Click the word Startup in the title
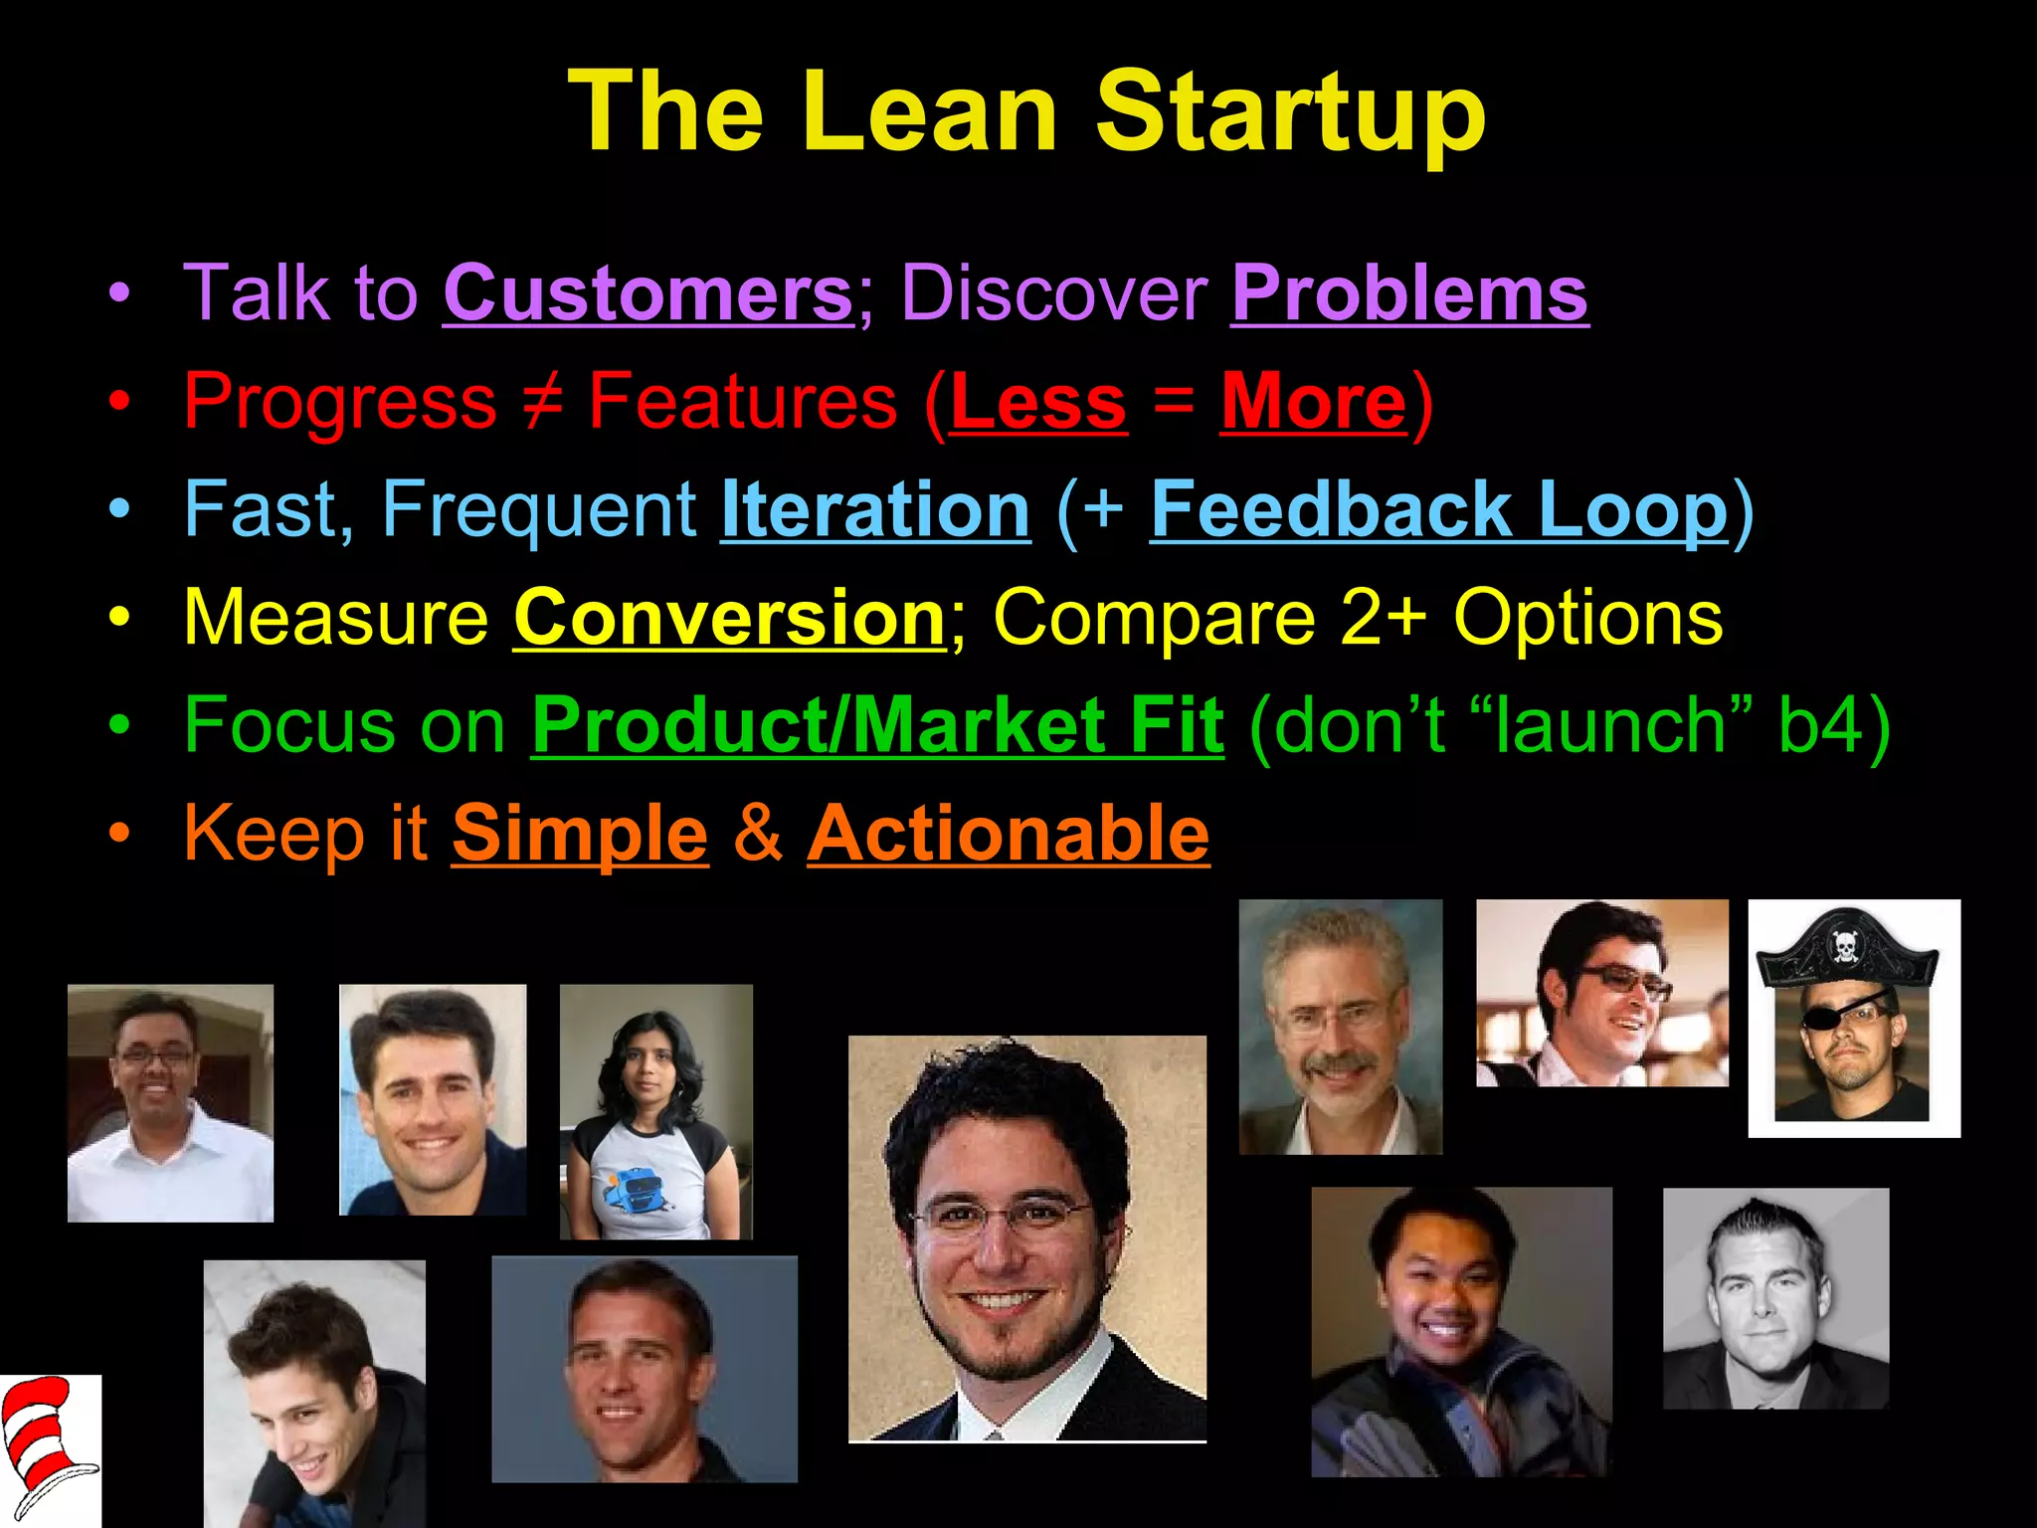coord(1290,111)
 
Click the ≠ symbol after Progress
coord(543,401)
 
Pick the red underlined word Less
coord(1038,401)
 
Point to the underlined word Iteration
coord(875,509)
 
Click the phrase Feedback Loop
coord(1439,509)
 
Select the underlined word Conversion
coord(729,618)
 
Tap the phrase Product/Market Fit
coord(877,725)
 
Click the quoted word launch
coord(1609,725)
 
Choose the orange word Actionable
coord(1008,833)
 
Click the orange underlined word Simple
coord(580,833)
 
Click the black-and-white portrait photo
coord(1775,1298)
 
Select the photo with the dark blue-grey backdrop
coord(645,1369)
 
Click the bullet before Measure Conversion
coord(119,618)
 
